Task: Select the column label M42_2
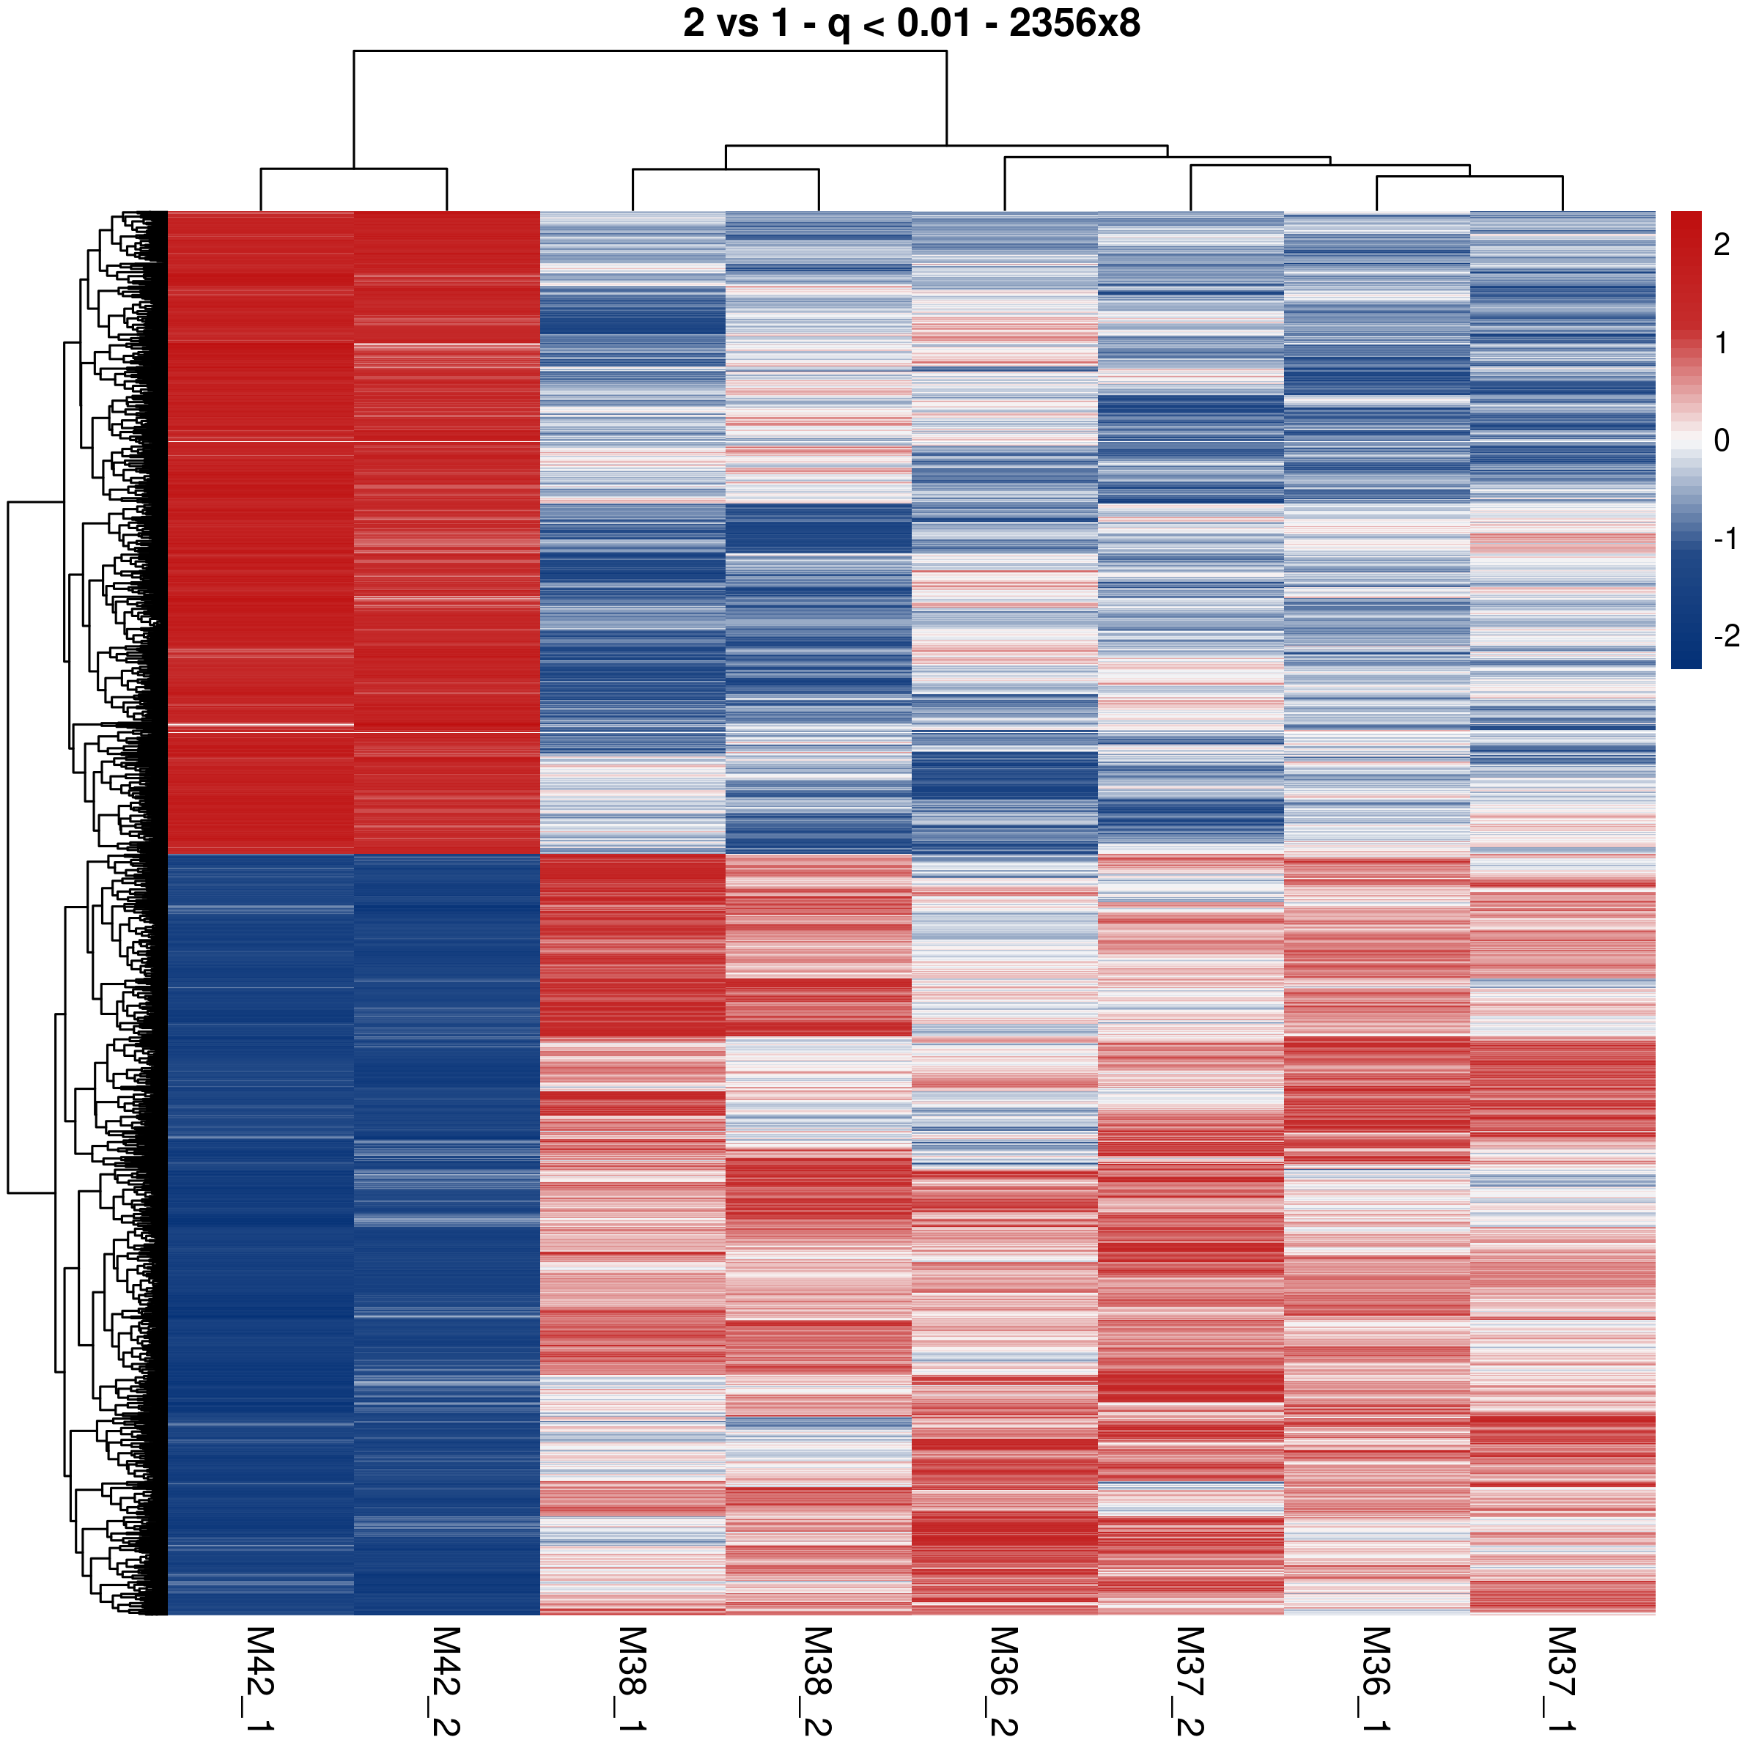tap(446, 1680)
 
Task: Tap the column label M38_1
tap(632, 1680)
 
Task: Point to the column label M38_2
tap(818, 1680)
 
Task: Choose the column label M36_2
tap(1003, 1680)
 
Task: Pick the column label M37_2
tap(1190, 1680)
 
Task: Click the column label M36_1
tap(1376, 1680)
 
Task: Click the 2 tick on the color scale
tap(1721, 244)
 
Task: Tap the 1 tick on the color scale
tap(1721, 342)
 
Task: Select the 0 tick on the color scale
tap(1721, 440)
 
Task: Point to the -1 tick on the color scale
tap(1725, 539)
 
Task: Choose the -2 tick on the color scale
tap(1725, 635)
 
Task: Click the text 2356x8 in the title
tap(1074, 23)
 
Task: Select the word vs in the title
tap(737, 23)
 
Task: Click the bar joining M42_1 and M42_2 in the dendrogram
tap(353, 169)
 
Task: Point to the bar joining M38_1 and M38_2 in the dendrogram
tap(726, 169)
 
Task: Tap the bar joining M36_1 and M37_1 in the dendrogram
tap(1469, 177)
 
